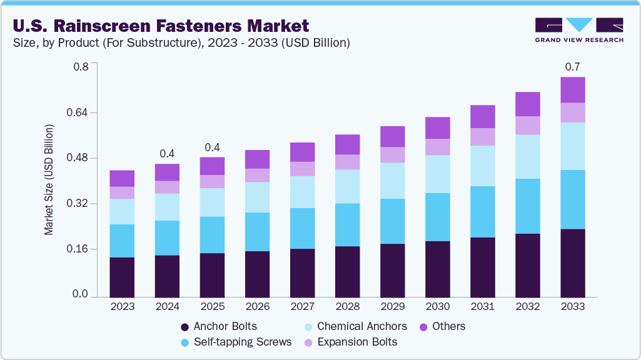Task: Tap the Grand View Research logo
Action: click(578, 29)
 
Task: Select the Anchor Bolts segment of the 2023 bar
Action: click(122, 277)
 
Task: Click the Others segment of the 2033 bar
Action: click(572, 90)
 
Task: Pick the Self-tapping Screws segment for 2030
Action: click(437, 217)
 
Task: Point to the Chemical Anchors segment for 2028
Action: click(347, 186)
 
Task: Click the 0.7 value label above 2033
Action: click(572, 66)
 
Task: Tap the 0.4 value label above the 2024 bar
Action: click(167, 153)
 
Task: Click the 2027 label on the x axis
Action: click(302, 307)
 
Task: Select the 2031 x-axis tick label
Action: click(482, 307)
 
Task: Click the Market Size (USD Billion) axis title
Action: click(49, 180)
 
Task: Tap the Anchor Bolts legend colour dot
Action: click(184, 327)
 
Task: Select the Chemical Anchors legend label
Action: click(361, 326)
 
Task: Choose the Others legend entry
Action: click(449, 326)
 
